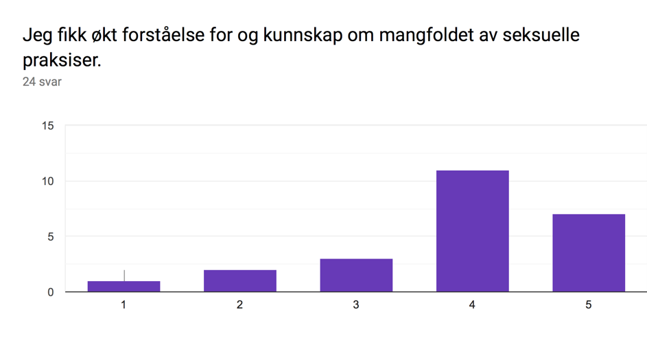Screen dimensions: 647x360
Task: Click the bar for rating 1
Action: pyautogui.click(x=123, y=286)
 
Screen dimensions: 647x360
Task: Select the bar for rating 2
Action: pyautogui.click(x=239, y=281)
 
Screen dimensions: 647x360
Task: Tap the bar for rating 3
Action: pyautogui.click(x=356, y=275)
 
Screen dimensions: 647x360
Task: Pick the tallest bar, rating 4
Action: pyautogui.click(x=473, y=231)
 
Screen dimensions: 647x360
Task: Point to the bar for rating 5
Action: pyautogui.click(x=589, y=253)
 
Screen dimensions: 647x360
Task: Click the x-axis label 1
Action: pyautogui.click(x=123, y=304)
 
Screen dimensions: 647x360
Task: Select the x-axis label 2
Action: pyautogui.click(x=239, y=304)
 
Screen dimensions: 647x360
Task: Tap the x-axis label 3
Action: pyautogui.click(x=356, y=304)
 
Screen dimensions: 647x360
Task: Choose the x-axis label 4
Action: pyautogui.click(x=472, y=304)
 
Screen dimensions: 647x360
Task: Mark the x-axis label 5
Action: pyautogui.click(x=589, y=304)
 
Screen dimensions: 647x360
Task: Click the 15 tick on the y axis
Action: pyautogui.click(x=48, y=125)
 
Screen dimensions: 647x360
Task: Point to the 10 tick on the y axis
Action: pyautogui.click(x=48, y=181)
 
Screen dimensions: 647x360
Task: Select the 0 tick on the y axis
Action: pyautogui.click(x=50, y=292)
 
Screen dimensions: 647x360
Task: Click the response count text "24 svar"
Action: pyautogui.click(x=42, y=82)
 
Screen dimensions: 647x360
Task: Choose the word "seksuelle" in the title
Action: pyautogui.click(x=541, y=35)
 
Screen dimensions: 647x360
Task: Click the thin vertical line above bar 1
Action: pyautogui.click(x=124, y=276)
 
